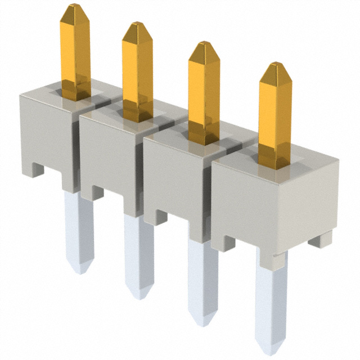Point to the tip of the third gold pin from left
tap(204, 44)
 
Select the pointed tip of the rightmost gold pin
tap(275, 65)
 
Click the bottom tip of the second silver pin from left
tap(139, 296)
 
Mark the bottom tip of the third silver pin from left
tap(203, 323)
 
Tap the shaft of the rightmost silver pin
tap(271, 298)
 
